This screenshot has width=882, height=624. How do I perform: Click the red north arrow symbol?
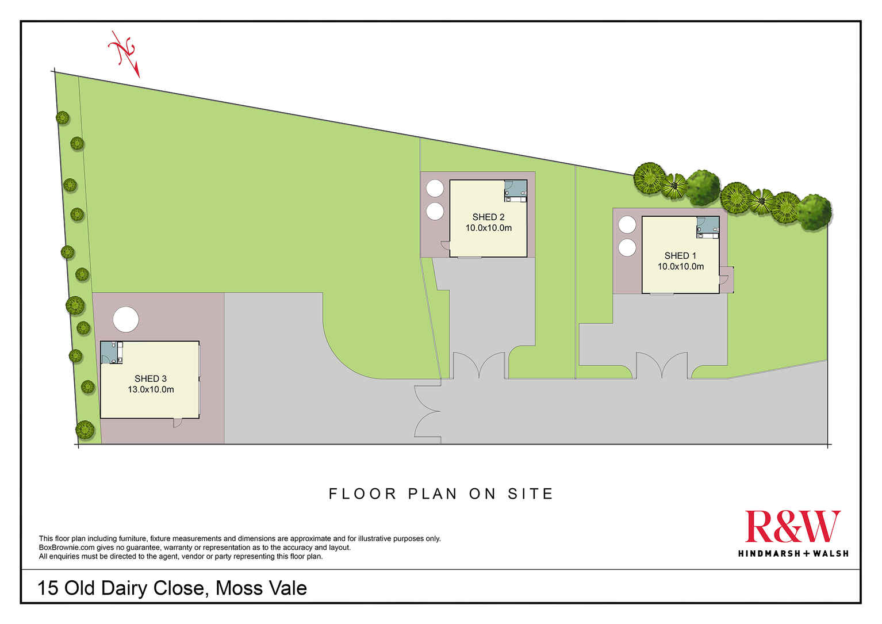pyautogui.click(x=124, y=53)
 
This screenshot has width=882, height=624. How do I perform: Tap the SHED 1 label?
pyautogui.click(x=680, y=256)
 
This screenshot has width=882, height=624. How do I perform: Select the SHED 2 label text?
pyautogui.click(x=488, y=217)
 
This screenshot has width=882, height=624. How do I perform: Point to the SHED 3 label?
pyautogui.click(x=151, y=378)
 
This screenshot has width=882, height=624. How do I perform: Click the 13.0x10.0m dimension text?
pyautogui.click(x=151, y=389)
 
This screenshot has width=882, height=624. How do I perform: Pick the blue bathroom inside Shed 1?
pyautogui.click(x=708, y=227)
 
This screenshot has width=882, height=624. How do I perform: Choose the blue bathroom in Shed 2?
pyautogui.click(x=515, y=191)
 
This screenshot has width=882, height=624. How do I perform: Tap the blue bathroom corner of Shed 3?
pyautogui.click(x=112, y=352)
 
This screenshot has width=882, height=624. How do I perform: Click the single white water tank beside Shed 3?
pyautogui.click(x=125, y=319)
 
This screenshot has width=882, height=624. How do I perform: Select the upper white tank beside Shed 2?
pyautogui.click(x=435, y=188)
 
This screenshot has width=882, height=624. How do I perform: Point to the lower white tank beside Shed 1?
pyautogui.click(x=627, y=248)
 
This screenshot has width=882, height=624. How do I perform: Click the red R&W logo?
pyautogui.click(x=792, y=526)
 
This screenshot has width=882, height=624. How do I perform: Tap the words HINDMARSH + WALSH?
pyautogui.click(x=793, y=553)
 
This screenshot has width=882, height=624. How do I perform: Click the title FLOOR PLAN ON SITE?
pyautogui.click(x=441, y=493)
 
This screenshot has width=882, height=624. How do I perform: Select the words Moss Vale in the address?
pyautogui.click(x=261, y=588)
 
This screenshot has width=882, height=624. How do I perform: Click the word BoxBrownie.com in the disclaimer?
pyautogui.click(x=67, y=548)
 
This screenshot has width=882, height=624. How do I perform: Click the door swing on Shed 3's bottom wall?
pyautogui.click(x=178, y=423)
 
